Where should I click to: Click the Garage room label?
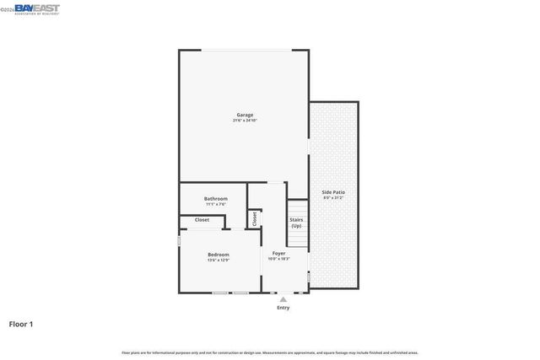coord(244,115)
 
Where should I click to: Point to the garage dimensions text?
coord(244,121)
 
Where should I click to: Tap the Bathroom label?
coord(216,198)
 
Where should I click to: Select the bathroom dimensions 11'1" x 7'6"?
coord(216,204)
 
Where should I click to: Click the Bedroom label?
coord(219,254)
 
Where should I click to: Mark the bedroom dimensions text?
coord(219,260)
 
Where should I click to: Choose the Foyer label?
coord(278,253)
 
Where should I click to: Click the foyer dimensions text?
coord(278,259)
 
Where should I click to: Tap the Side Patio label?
coord(333,192)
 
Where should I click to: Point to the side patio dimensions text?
coord(333,198)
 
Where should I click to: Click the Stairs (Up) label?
coord(296,223)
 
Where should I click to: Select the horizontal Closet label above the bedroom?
coord(202,220)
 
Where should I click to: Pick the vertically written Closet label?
coord(254,218)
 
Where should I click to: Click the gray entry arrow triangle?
coord(283,298)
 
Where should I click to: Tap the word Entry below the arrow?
coord(283,308)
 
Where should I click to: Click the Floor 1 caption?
coord(21,324)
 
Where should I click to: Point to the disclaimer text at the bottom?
coord(270,352)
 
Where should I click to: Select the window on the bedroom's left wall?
coord(179,241)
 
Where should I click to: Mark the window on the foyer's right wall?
coord(309,277)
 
